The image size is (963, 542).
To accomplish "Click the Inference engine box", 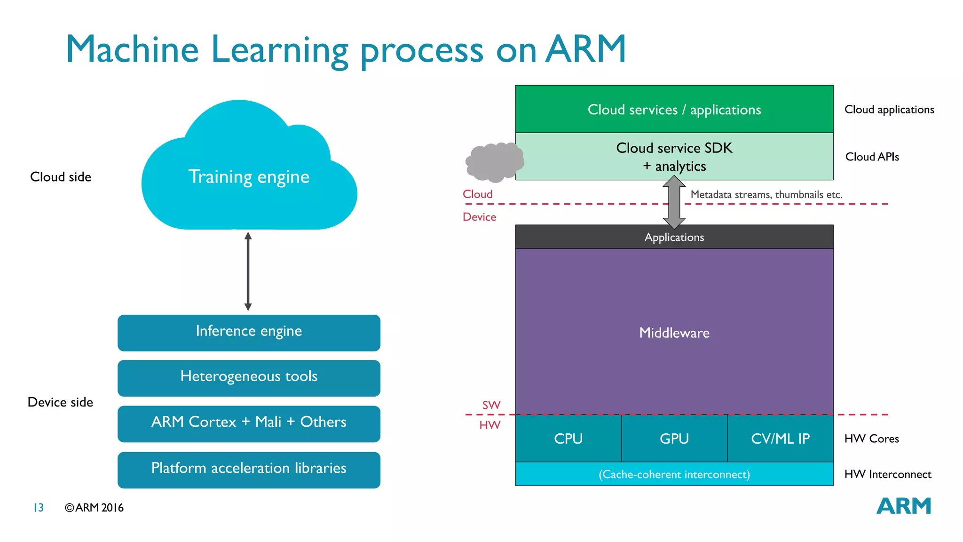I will pos(249,333).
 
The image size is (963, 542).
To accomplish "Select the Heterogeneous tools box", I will pos(249,378).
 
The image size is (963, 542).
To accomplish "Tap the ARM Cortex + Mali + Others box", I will pos(249,423).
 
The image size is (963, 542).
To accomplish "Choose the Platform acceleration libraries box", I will pos(249,470).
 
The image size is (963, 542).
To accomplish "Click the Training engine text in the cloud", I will pos(249,177).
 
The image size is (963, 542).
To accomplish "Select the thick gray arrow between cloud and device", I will pos(674,202).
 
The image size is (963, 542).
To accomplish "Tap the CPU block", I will pos(568,438).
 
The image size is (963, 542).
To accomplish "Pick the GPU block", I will pos(674,438).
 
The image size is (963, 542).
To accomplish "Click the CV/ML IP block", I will pos(780,438).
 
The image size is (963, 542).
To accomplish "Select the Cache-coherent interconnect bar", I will pos(674,474).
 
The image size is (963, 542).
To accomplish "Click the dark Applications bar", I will pos(674,237).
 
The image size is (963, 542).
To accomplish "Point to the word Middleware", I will pos(674,333).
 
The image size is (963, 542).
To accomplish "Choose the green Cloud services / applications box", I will pos(674,109).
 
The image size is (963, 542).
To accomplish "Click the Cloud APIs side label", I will pos(872,157).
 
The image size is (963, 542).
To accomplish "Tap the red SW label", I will pos(491,405).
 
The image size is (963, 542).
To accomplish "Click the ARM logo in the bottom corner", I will pos(903,506).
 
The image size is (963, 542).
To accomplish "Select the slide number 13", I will pos(39,508).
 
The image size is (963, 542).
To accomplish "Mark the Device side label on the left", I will pos(60,402).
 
